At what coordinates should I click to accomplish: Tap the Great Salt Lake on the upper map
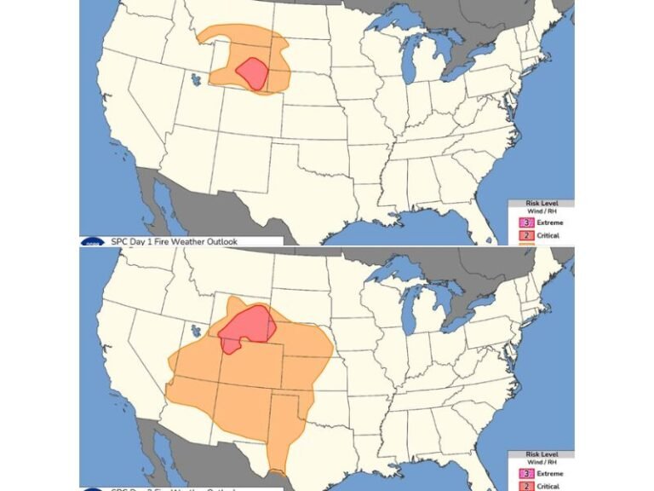pyautogui.click(x=198, y=80)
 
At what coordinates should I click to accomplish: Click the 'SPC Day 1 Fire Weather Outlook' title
pyautogui.click(x=174, y=241)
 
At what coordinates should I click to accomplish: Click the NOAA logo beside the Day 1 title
pyautogui.click(x=91, y=241)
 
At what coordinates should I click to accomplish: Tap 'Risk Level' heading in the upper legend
pyautogui.click(x=542, y=204)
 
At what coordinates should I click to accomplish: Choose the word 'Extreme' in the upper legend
pyautogui.click(x=549, y=222)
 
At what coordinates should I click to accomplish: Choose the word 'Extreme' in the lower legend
pyautogui.click(x=549, y=472)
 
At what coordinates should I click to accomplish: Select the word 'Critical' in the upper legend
pyautogui.click(x=548, y=236)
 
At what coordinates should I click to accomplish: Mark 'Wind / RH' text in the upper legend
pyautogui.click(x=542, y=211)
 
